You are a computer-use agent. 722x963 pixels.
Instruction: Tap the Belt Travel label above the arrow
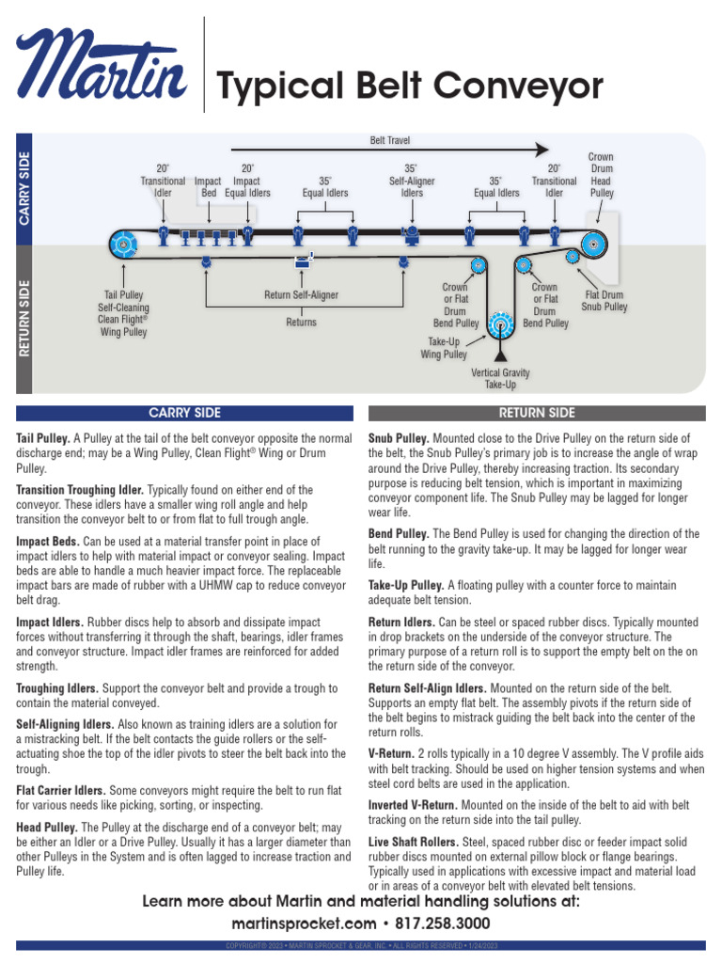tap(390, 140)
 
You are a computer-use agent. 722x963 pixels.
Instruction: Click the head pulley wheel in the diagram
tap(594, 245)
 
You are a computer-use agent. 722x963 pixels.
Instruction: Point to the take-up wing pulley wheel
tap(499, 326)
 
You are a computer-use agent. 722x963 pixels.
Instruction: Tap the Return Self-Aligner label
tap(301, 295)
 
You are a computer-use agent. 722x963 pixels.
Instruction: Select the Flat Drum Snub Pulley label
tap(604, 300)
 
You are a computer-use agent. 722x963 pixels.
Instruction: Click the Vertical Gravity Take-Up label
tap(500, 379)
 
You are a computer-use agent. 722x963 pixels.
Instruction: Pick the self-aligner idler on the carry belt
tap(411, 230)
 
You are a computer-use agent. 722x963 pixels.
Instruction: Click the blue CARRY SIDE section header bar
tap(185, 413)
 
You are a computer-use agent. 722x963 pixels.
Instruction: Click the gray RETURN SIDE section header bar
tap(537, 413)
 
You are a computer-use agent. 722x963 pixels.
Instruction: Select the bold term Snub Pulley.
tap(399, 439)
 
